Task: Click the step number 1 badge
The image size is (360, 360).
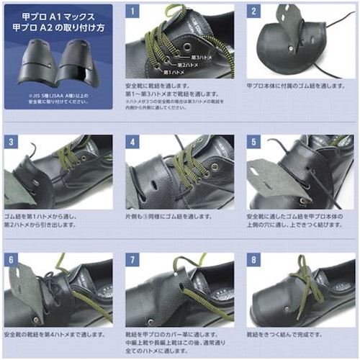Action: [132, 12]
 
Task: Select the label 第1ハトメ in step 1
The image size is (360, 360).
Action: [176, 72]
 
